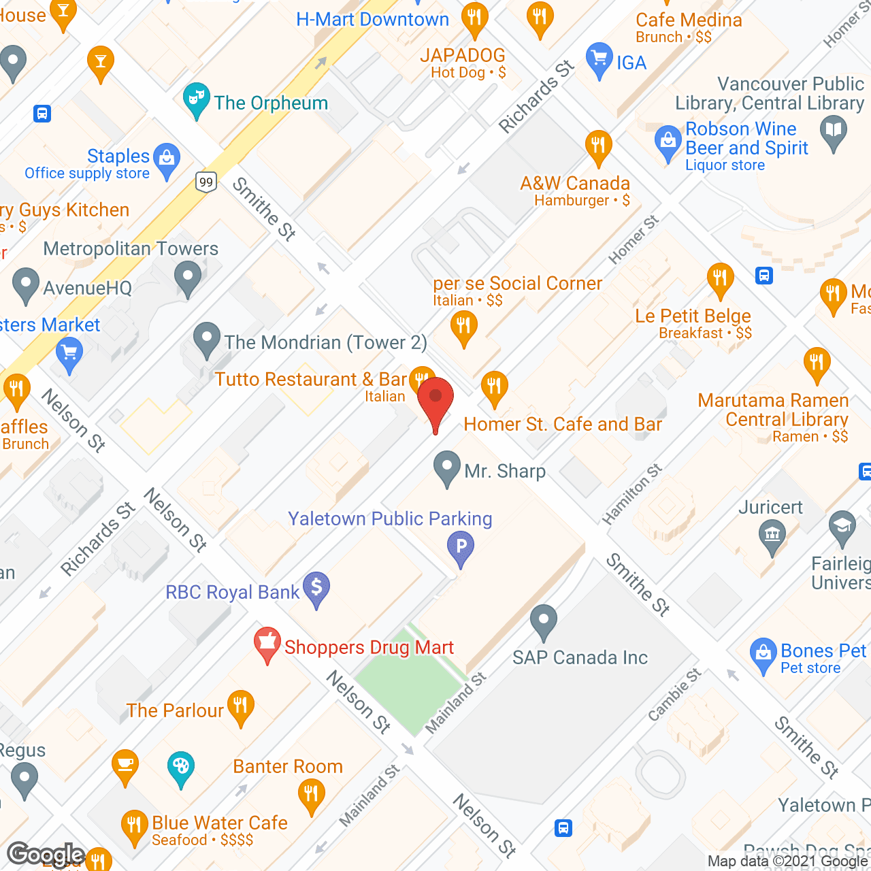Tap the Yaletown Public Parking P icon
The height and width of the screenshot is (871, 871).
461,546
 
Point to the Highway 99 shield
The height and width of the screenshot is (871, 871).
206,182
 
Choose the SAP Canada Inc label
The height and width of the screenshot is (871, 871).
580,657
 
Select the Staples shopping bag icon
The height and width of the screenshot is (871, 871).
167,159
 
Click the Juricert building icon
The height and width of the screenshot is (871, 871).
772,534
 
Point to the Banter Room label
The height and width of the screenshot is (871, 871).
288,766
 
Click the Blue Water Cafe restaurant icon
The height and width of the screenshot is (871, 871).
134,825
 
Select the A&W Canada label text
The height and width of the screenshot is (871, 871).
575,183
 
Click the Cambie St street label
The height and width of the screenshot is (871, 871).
674,694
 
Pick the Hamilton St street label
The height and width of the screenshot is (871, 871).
631,495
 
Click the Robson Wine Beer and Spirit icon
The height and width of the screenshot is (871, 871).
668,141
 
